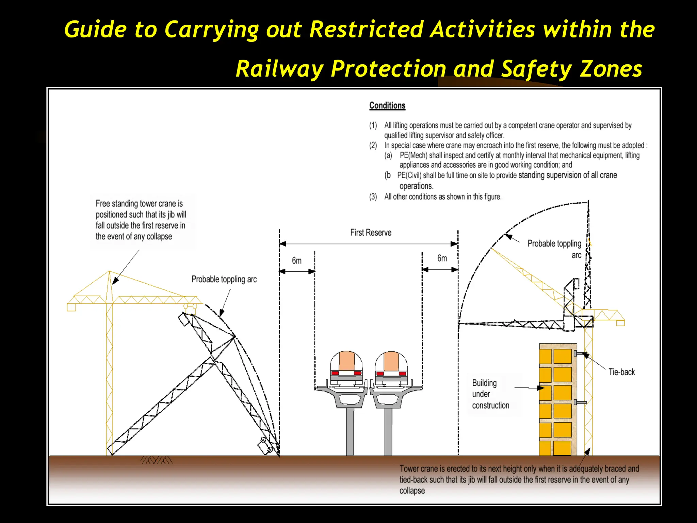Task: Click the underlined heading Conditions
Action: [387, 106]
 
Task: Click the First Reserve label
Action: [371, 233]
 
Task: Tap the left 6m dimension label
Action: [297, 261]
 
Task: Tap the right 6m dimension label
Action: [442, 258]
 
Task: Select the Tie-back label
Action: [621, 372]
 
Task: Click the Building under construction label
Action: [490, 394]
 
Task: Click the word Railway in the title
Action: [279, 69]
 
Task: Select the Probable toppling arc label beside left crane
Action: [224, 280]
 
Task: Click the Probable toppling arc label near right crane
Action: [554, 249]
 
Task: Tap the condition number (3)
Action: [373, 197]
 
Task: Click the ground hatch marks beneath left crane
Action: [157, 460]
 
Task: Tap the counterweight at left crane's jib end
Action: [71, 307]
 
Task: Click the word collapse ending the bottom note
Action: [412, 491]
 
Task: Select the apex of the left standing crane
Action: [109, 271]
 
